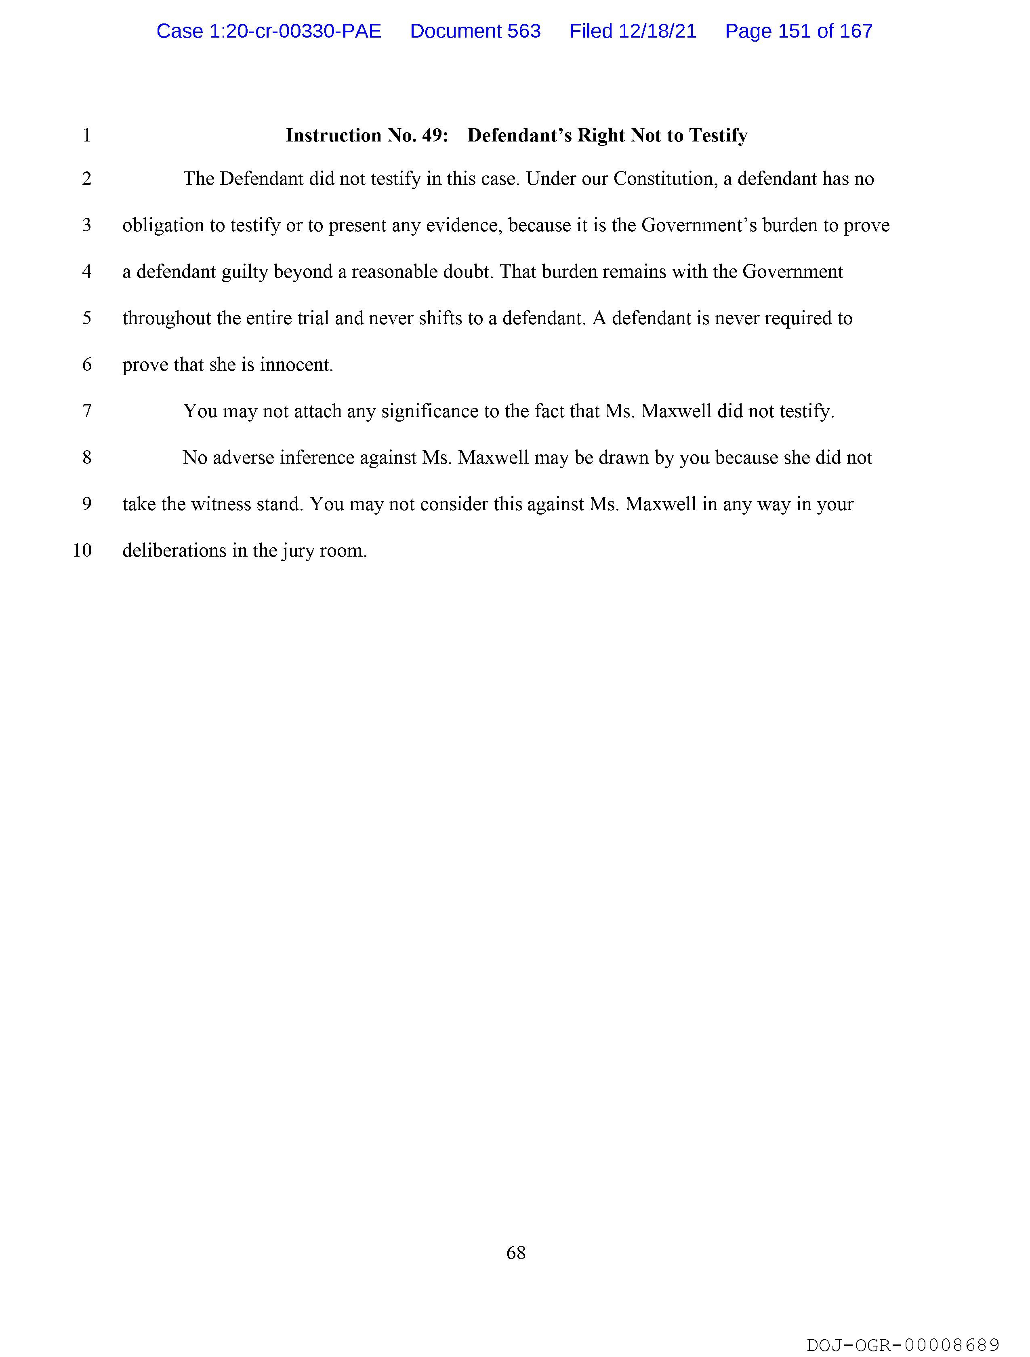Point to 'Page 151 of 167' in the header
pos(798,31)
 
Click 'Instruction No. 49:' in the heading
pos(367,135)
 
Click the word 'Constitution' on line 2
pos(665,179)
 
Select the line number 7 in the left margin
pos(86,411)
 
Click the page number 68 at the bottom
pos(516,1253)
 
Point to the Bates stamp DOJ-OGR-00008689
pos(902,1345)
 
